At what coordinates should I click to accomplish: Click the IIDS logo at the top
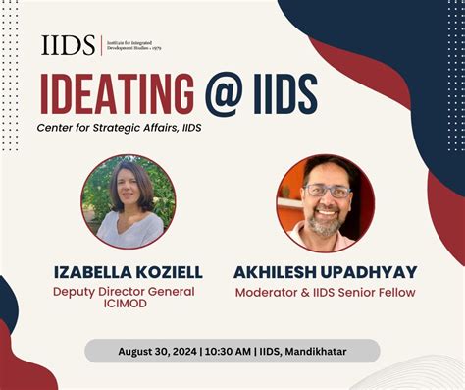(69, 45)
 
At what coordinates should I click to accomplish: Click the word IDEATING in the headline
(117, 94)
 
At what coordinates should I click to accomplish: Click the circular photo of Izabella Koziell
(129, 201)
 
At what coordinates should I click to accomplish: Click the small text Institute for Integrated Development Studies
(138, 44)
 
